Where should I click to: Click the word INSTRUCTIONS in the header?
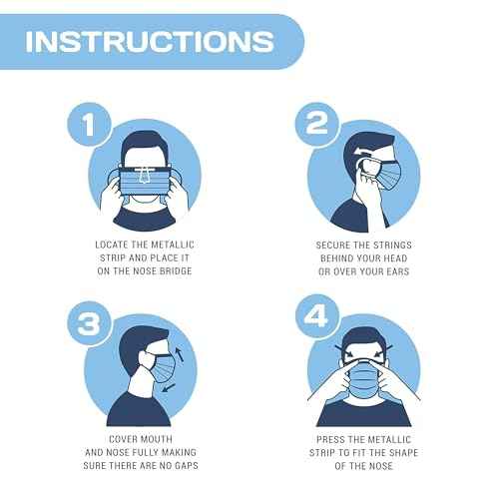click(149, 41)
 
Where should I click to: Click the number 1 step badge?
click(88, 126)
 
